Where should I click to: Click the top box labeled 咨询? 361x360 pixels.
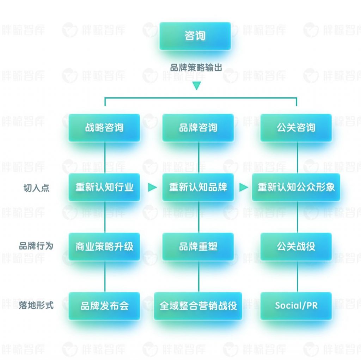click(195, 36)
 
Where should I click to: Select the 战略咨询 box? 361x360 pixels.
click(104, 128)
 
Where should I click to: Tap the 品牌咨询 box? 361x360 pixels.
click(198, 128)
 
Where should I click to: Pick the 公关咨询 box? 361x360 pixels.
click(296, 128)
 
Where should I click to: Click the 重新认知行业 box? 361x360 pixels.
click(104, 187)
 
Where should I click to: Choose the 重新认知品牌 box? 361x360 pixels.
click(198, 187)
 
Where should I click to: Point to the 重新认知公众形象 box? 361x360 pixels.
click(296, 187)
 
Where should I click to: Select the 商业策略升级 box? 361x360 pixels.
click(104, 246)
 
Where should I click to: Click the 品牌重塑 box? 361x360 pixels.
click(198, 246)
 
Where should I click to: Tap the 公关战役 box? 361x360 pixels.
click(296, 246)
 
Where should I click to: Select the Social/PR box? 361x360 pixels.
click(296, 306)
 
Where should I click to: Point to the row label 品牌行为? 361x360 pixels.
click(36, 246)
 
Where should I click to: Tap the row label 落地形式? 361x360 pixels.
click(36, 305)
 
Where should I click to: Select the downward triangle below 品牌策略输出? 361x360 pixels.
click(196, 86)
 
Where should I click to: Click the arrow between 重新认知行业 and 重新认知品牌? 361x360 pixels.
click(152, 187)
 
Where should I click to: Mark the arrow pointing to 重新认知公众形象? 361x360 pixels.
click(243, 187)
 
